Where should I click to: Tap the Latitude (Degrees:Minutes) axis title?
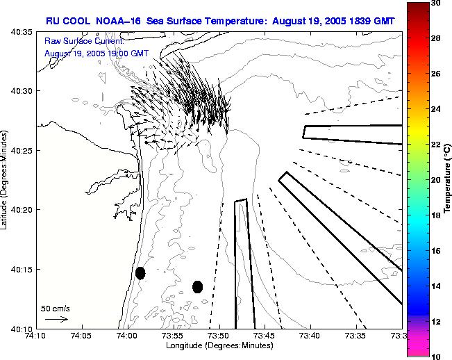tap(6, 180)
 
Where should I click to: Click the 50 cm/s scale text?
tap(56, 308)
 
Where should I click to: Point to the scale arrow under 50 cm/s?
tap(56, 319)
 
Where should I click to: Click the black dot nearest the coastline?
tap(140, 273)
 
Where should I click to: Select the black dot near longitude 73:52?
tap(197, 286)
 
